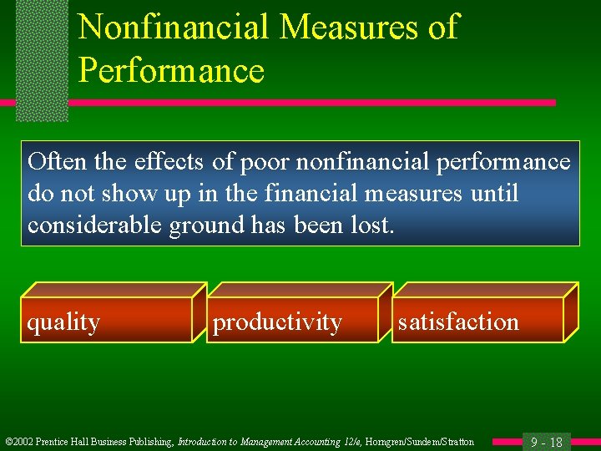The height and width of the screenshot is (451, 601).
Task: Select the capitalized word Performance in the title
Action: (x=171, y=70)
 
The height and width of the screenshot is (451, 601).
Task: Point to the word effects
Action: (x=168, y=161)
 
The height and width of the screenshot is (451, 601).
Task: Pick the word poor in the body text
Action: (x=258, y=161)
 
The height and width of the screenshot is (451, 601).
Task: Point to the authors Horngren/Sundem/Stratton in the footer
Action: (x=421, y=442)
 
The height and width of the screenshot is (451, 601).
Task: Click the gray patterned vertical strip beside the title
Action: (x=42, y=58)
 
